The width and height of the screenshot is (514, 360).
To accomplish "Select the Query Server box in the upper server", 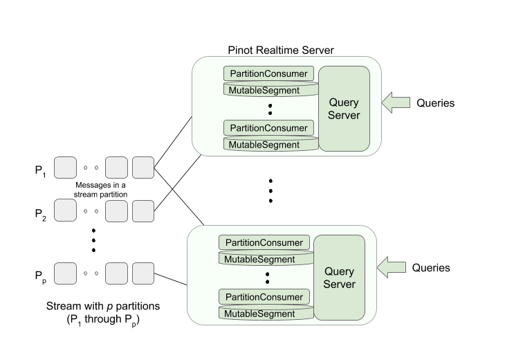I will tap(343, 108).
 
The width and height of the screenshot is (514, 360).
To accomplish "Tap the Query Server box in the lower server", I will tap(339, 278).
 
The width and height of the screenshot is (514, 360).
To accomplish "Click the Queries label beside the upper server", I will tap(436, 102).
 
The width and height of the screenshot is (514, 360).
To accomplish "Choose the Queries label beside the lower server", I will tap(431, 267).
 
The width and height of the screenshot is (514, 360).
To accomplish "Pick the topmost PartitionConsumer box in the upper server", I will tap(270, 73).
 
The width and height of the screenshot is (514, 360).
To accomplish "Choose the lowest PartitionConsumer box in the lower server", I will tap(264, 297).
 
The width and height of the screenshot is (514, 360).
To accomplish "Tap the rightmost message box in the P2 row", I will tap(143, 210).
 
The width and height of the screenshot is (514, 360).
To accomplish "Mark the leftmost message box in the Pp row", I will tap(65, 273).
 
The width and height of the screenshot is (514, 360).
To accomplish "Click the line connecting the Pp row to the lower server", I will tap(172, 278).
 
